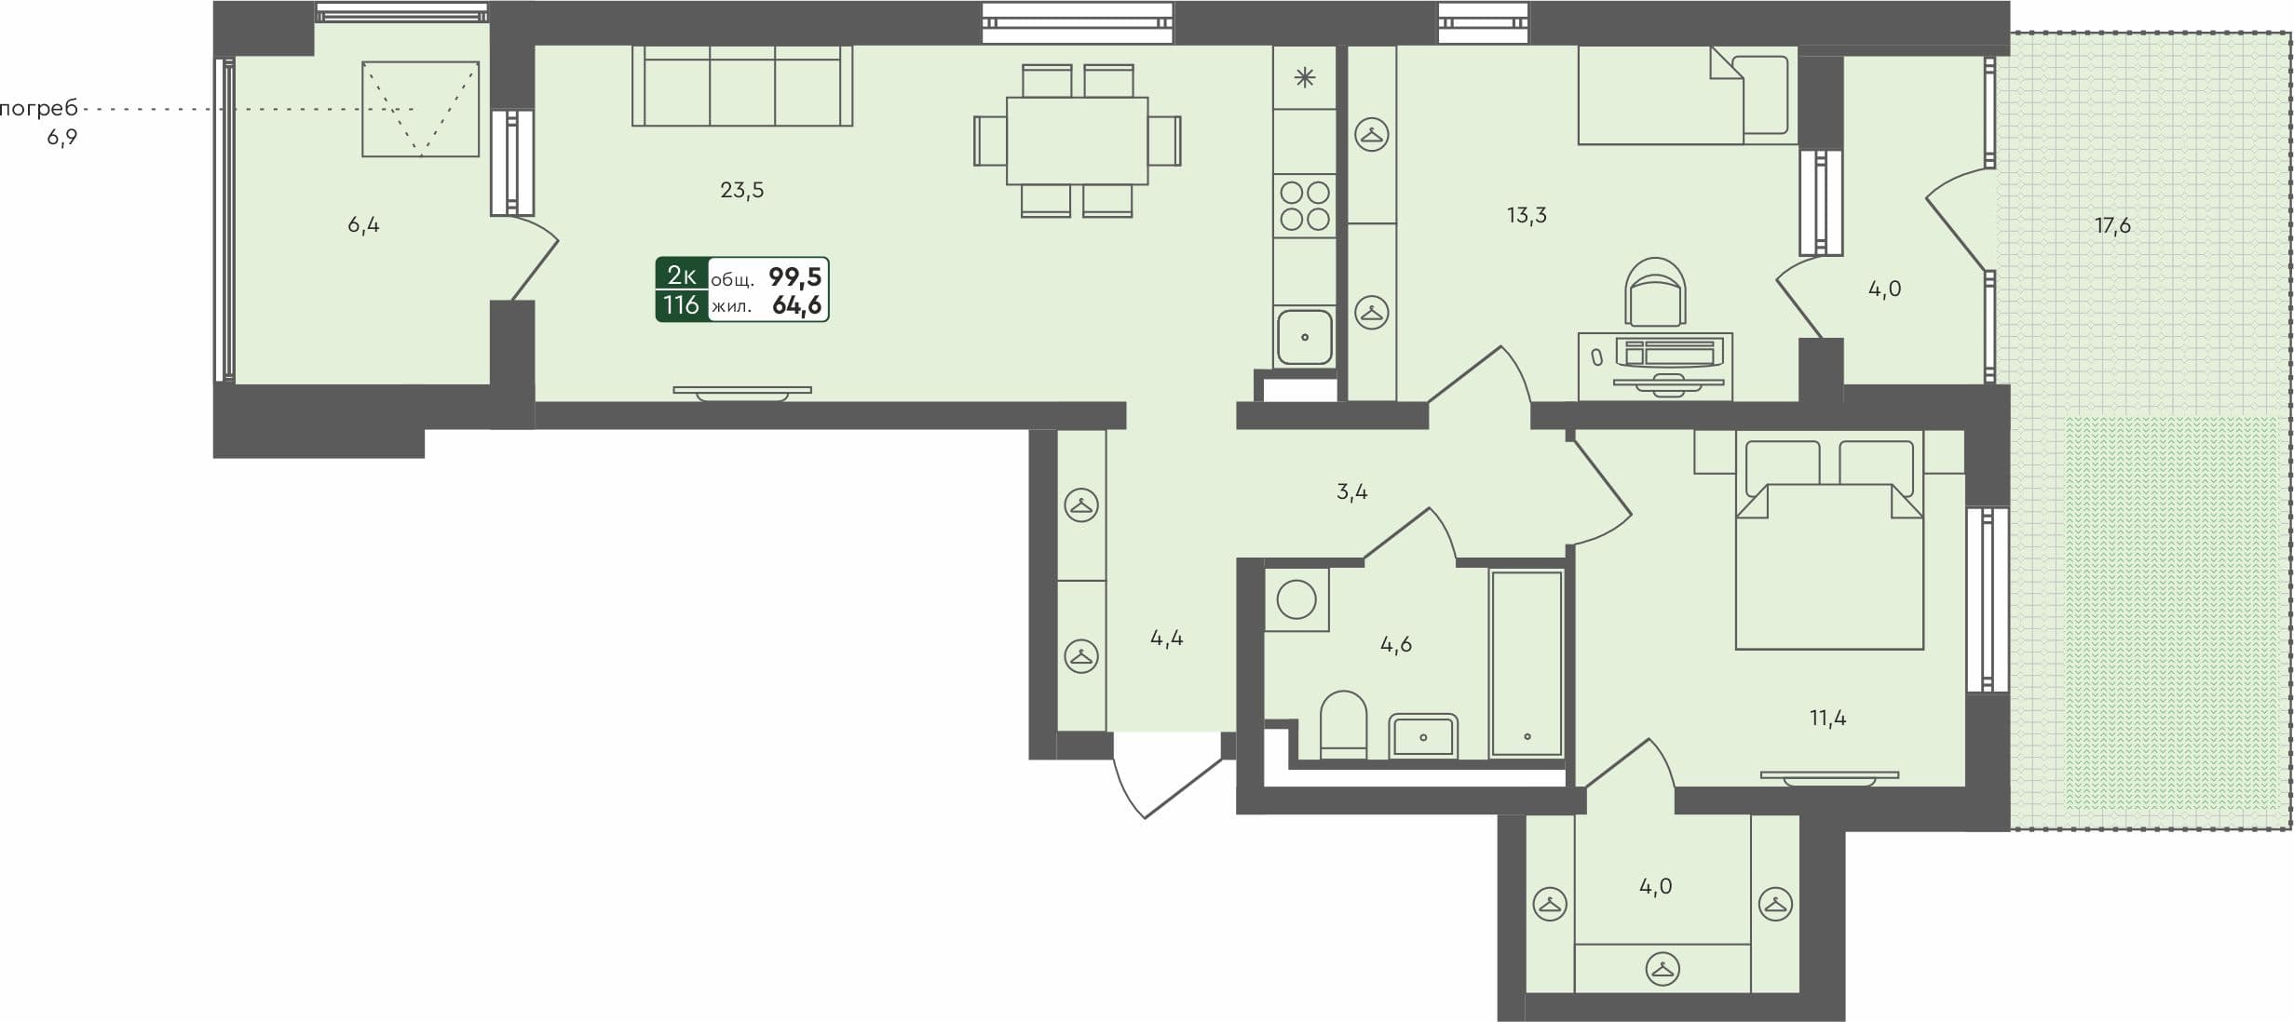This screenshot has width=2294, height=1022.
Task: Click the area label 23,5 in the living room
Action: point(741,190)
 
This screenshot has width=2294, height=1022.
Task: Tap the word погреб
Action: point(38,109)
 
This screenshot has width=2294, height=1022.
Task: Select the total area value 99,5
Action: point(794,276)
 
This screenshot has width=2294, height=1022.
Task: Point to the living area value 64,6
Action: point(796,304)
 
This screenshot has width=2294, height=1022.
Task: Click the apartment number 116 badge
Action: point(681,304)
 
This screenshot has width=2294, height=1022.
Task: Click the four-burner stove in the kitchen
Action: point(1304,206)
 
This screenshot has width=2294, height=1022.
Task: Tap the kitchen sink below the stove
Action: point(1304,337)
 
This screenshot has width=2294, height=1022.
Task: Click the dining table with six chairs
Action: point(1077,141)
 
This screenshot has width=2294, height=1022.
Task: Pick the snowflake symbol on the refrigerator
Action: point(1305,78)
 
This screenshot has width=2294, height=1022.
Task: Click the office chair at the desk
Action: point(1655,293)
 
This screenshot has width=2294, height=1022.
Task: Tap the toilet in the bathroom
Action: point(1343,724)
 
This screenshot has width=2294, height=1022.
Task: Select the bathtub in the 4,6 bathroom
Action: point(1526,663)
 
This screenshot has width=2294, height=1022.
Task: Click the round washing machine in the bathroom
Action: point(1296,599)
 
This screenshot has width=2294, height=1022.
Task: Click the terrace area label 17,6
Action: point(2112,225)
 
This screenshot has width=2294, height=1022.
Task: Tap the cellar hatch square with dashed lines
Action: point(420,109)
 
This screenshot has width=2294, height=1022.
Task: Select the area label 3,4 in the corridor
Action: point(1351,491)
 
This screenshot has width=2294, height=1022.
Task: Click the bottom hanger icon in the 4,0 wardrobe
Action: point(1663,969)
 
